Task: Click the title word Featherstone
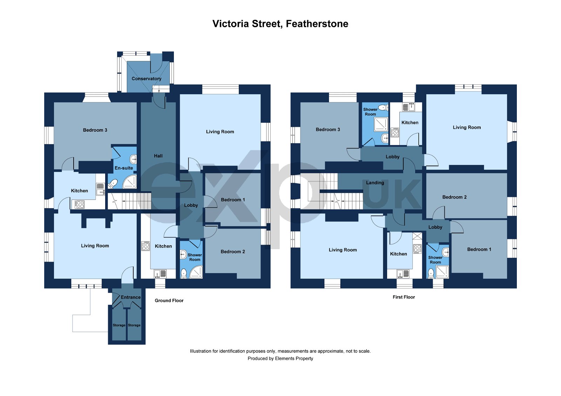click(x=317, y=24)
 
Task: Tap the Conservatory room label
click(x=146, y=78)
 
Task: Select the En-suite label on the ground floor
click(x=124, y=168)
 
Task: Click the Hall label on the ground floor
click(x=158, y=156)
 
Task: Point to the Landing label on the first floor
click(x=375, y=183)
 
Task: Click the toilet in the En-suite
click(x=113, y=183)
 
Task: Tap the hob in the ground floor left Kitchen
click(x=80, y=204)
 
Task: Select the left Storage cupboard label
click(x=119, y=325)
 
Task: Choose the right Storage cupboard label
click(x=134, y=325)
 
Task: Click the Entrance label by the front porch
click(x=130, y=297)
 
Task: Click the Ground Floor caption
click(x=169, y=300)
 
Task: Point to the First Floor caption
click(x=404, y=297)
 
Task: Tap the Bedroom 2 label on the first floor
click(x=454, y=197)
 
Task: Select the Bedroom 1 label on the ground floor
click(x=233, y=200)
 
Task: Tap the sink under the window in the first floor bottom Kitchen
click(x=404, y=274)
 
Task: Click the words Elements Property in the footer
click(x=294, y=358)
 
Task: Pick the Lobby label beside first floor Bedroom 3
click(x=392, y=157)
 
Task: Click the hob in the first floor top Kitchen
click(x=395, y=132)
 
